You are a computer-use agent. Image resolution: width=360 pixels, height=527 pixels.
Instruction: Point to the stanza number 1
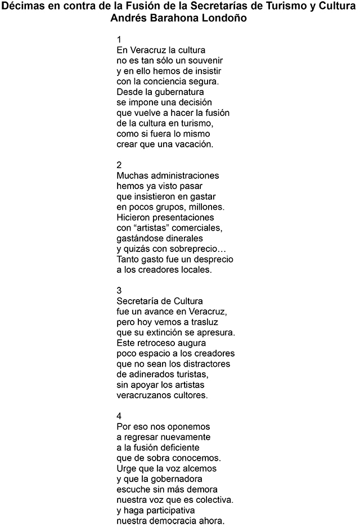[119, 39]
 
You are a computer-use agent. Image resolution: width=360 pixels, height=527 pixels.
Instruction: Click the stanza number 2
[119, 165]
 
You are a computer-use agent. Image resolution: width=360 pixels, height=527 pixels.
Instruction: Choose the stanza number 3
[119, 290]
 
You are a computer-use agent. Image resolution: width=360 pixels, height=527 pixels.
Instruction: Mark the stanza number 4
[119, 416]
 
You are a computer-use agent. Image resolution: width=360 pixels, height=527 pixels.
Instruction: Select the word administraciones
[182, 175]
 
